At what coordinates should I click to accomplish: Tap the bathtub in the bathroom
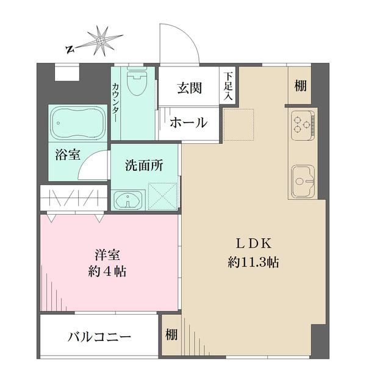(x=77, y=123)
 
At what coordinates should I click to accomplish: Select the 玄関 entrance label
(x=189, y=88)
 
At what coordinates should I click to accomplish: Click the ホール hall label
(x=188, y=123)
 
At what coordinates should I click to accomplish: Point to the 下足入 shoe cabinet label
(x=228, y=87)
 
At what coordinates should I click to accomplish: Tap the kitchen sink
(x=303, y=181)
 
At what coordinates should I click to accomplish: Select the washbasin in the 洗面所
(x=127, y=200)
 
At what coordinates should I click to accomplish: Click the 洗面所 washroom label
(x=144, y=165)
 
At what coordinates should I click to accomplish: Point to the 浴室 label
(x=68, y=154)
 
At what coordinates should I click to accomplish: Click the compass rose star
(x=101, y=41)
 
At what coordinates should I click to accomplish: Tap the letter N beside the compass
(x=70, y=49)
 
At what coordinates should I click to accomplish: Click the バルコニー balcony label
(x=99, y=337)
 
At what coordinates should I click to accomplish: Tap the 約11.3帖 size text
(x=253, y=262)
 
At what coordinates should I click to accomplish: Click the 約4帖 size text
(x=107, y=271)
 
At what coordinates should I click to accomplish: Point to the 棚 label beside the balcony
(x=171, y=334)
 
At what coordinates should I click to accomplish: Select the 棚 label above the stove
(x=300, y=85)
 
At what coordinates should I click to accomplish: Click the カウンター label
(x=116, y=102)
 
